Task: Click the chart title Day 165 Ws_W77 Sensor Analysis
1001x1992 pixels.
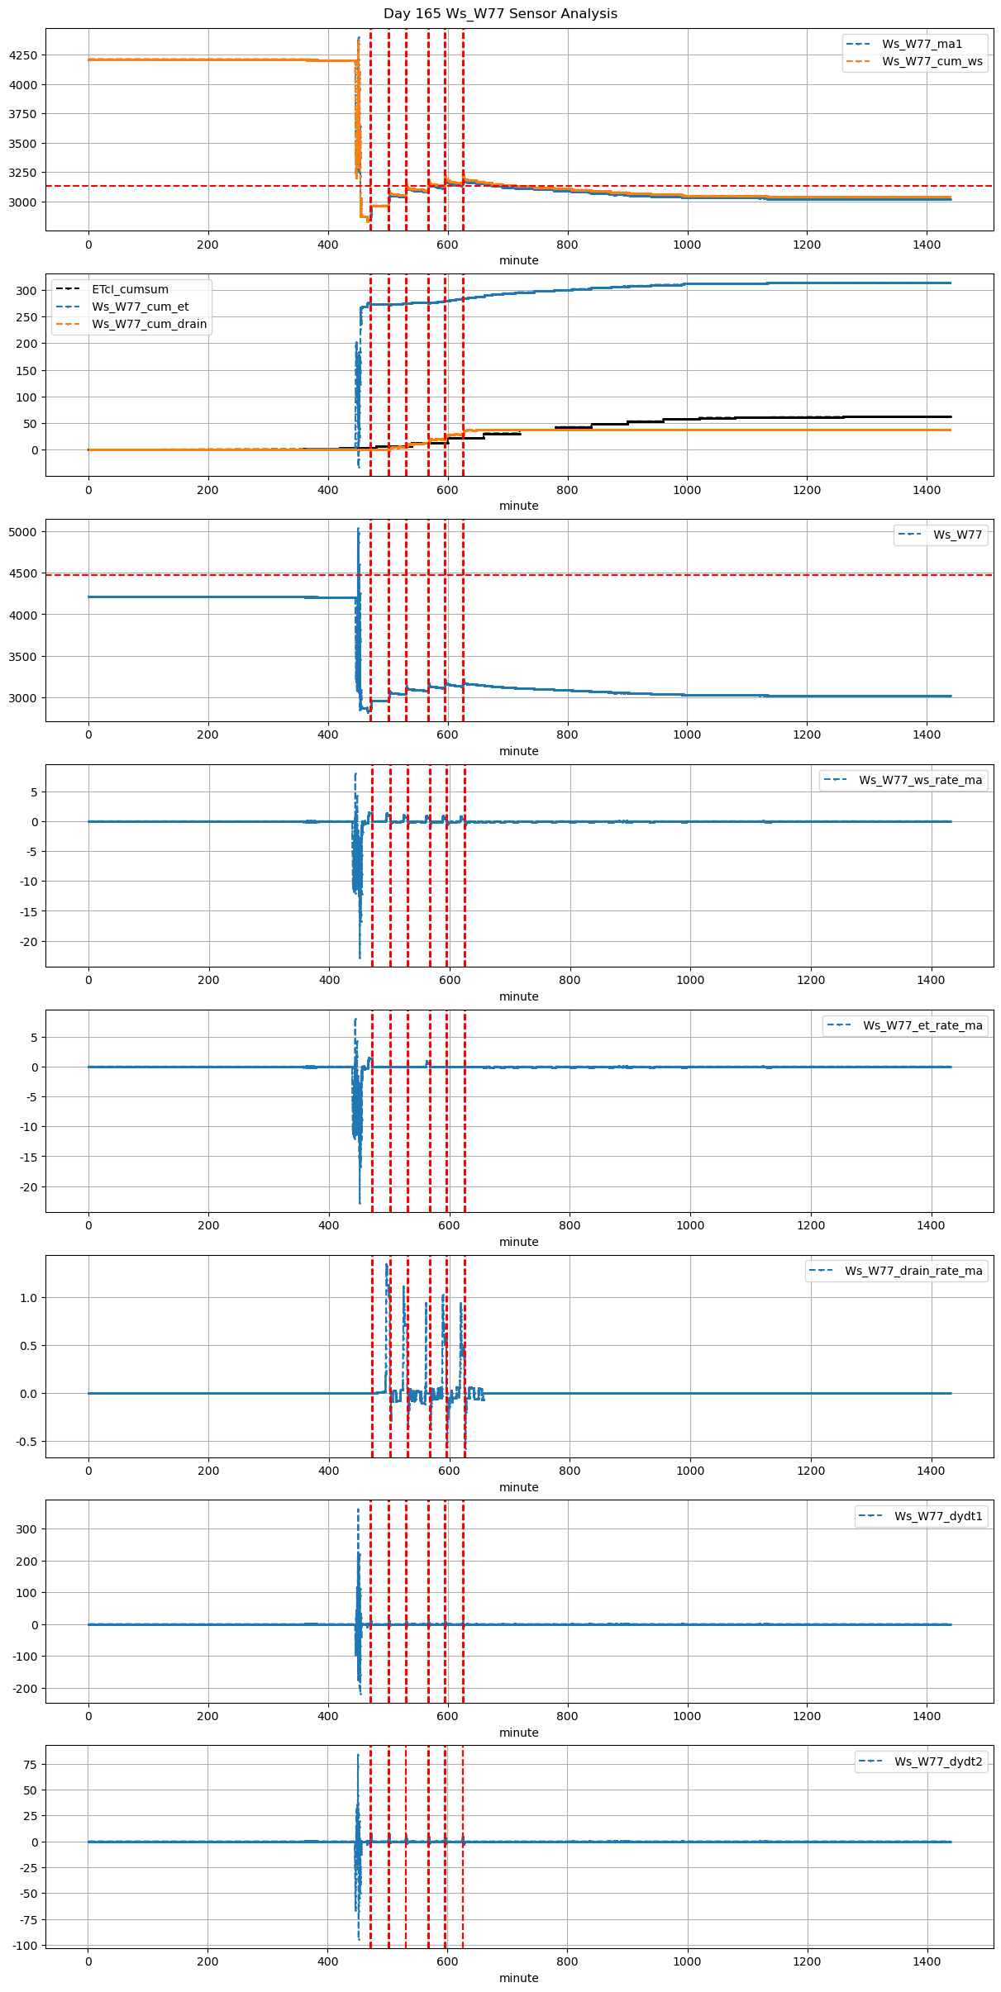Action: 500,13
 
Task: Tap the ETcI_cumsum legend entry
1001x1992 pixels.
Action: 130,289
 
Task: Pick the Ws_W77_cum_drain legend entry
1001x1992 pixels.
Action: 149,324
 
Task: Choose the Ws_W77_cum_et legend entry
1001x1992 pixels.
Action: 140,307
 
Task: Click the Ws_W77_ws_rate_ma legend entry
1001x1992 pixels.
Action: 920,780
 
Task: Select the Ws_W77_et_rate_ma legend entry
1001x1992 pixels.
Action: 922,1025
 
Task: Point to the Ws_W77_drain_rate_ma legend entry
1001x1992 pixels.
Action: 913,1271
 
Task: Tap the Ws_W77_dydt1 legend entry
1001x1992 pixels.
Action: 938,1516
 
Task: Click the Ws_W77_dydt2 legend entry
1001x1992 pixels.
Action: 938,1761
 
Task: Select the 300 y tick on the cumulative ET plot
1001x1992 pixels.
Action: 28,290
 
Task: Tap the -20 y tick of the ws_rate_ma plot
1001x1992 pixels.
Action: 28,942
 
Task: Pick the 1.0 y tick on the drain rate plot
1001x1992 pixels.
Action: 28,1298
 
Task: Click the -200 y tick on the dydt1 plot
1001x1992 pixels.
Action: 25,1689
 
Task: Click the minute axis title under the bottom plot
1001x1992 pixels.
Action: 518,1978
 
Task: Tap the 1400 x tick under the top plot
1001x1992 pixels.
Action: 927,245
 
